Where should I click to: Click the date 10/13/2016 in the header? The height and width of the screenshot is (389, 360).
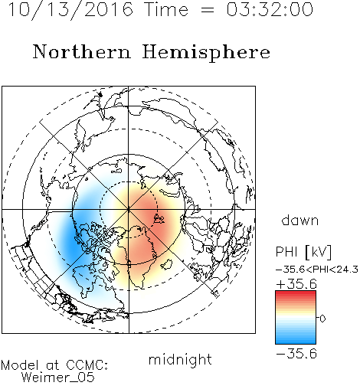tap(70, 10)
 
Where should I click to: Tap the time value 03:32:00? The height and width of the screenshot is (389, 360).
tap(270, 10)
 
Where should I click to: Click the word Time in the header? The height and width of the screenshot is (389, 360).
tap(166, 10)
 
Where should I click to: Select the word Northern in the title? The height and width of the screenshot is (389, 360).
tap(82, 51)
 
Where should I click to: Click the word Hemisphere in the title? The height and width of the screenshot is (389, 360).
tap(206, 52)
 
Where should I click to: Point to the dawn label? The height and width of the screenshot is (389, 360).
tap(300, 220)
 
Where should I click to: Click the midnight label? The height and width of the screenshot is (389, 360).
tap(180, 359)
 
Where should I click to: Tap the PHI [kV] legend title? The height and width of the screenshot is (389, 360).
tap(303, 252)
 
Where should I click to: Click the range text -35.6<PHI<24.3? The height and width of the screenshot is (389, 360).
tap(317, 270)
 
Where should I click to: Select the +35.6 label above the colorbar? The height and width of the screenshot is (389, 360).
tap(296, 284)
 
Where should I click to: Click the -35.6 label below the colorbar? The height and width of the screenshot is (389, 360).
tap(296, 354)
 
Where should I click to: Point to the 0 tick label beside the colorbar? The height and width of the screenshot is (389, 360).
tap(322, 319)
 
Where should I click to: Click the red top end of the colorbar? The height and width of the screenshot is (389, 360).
tap(296, 293)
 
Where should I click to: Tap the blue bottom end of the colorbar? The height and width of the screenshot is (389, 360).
tap(296, 342)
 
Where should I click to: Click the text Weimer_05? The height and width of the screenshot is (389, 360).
tap(58, 378)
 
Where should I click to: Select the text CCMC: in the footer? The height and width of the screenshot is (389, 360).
tap(87, 365)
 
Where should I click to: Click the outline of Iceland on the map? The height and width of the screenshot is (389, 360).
tap(166, 264)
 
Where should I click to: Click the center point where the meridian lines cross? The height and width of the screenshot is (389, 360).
tap(129, 210)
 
